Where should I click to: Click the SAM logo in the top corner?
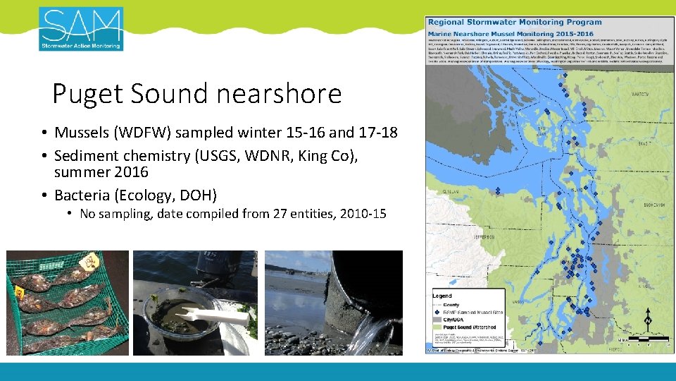(81, 29)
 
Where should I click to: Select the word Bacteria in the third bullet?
(82, 195)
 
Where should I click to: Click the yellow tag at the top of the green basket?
(91, 262)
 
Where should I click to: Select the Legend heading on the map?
(442, 296)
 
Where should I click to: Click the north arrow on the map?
(648, 321)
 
